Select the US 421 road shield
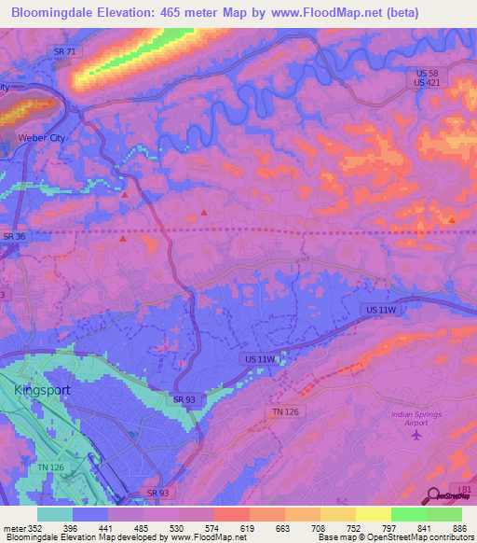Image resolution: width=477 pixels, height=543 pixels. point(428,83)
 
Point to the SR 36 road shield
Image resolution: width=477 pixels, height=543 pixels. point(14,237)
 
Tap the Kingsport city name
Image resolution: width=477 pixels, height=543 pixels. point(42,390)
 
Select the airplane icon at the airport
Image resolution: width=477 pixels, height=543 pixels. point(416,434)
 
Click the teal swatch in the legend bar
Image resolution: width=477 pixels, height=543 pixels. point(55,514)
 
